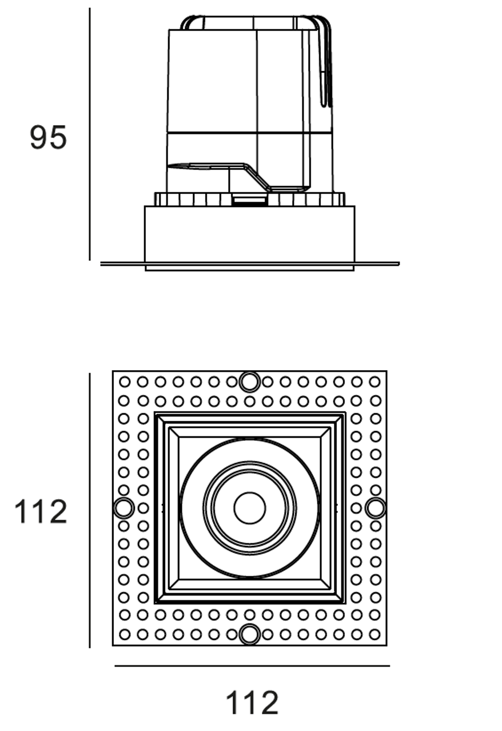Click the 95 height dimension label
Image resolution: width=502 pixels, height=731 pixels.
[x=48, y=138]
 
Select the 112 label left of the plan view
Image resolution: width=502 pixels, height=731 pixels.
[x=41, y=512]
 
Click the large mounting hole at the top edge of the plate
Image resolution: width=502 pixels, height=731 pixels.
[x=250, y=382]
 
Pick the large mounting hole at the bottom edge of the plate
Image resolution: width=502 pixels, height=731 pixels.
[x=250, y=634]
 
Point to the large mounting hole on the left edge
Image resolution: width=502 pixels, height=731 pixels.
[x=124, y=508]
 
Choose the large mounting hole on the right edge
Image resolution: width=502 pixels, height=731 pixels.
[x=376, y=508]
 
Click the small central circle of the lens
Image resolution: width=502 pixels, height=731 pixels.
[x=250, y=508]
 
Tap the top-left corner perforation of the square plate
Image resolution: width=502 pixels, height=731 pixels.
[x=125, y=382]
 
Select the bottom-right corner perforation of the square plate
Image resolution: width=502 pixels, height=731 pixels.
[x=375, y=635]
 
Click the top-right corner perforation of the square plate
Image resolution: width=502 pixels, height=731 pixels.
[x=375, y=382]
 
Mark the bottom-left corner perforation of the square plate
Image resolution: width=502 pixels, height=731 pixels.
[x=125, y=635]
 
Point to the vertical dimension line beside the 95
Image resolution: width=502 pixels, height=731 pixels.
[x=90, y=134]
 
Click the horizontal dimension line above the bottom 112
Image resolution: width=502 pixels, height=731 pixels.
[x=252, y=666]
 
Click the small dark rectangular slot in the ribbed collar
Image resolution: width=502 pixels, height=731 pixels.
[x=249, y=200]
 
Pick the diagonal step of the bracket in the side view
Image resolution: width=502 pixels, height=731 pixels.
[x=258, y=177]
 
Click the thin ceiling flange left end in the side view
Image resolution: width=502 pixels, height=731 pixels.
[x=101, y=264]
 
